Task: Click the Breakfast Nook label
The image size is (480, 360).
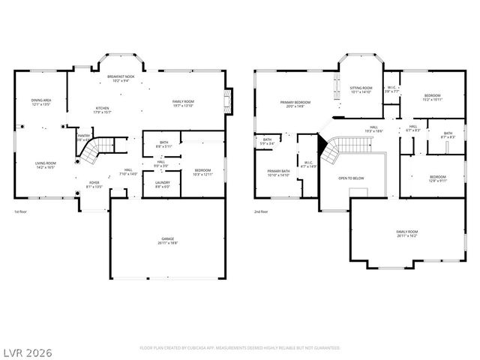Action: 120,77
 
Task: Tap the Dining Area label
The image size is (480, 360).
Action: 40,100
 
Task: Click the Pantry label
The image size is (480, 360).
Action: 84,136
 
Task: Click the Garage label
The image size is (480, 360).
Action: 167,240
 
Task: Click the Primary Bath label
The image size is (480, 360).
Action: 278,172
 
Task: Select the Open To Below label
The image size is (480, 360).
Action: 351,178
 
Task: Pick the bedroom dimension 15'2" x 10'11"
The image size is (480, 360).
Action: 432,100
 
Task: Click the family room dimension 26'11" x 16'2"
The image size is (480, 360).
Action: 407,235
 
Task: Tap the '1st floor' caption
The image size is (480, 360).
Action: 21,212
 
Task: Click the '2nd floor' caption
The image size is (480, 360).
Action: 262,212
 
